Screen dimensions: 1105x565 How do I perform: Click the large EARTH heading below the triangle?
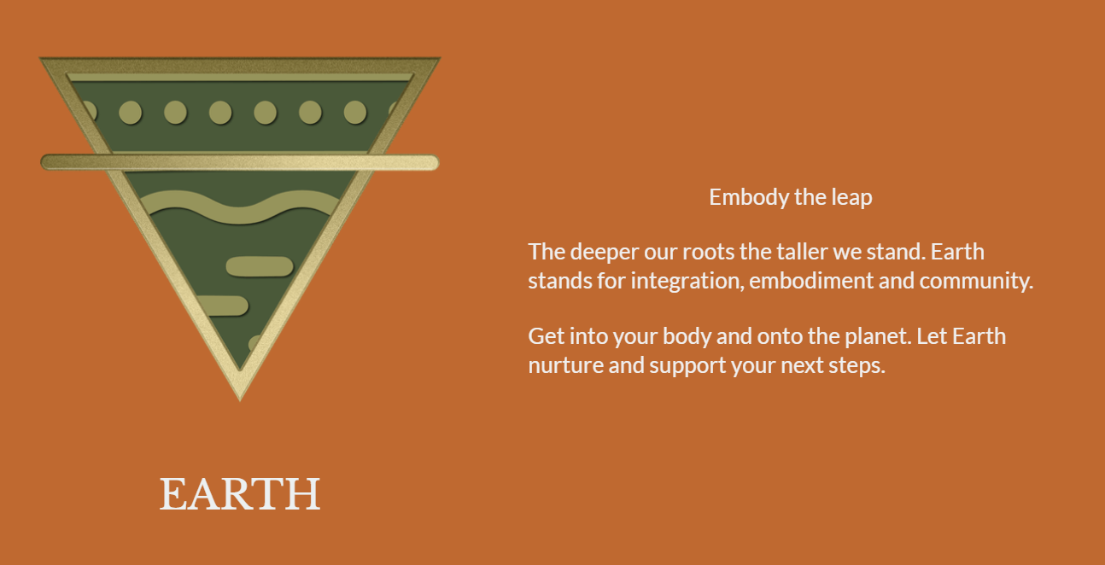[240, 493]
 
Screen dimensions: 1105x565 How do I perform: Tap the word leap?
[852, 198]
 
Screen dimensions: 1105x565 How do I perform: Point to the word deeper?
[605, 253]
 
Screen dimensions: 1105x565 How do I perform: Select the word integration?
[687, 282]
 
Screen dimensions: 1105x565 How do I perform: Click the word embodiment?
[811, 281]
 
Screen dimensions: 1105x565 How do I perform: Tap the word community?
[976, 282]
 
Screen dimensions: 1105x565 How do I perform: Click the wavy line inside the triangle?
[240, 208]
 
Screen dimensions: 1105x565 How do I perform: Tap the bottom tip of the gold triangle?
[240, 400]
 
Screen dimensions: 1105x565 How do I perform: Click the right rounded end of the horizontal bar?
[431, 163]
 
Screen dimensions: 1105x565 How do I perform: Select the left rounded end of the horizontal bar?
[49, 162]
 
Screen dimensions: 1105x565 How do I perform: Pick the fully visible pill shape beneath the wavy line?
[260, 266]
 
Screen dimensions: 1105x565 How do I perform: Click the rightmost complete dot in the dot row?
[355, 113]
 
